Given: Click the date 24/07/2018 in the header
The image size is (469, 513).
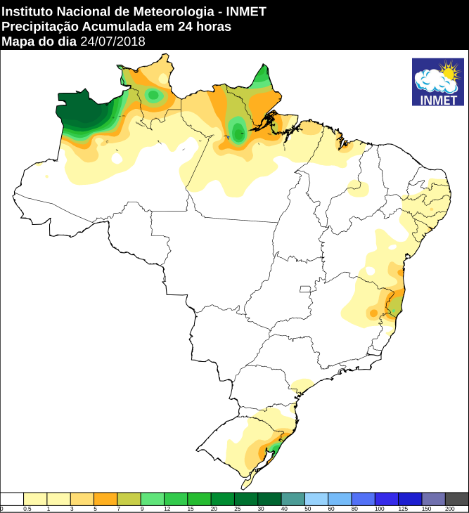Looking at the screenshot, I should [x=113, y=41].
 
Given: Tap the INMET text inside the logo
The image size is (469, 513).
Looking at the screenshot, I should [x=437, y=100].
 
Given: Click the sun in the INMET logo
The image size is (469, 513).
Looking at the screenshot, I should [x=448, y=72].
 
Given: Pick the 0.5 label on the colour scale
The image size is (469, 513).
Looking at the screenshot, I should [x=27, y=508].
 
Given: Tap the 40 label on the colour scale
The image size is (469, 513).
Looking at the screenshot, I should [x=285, y=508].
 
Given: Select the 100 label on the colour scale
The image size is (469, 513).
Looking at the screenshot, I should [x=379, y=508].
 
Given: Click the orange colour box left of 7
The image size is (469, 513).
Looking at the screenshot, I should [x=105, y=498].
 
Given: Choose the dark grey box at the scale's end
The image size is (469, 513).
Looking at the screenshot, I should [x=456, y=498].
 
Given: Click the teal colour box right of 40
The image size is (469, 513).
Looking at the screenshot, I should [x=293, y=498].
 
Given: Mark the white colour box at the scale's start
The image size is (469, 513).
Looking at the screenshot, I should [x=12, y=498].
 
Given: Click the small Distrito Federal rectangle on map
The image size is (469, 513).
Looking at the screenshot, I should [x=304, y=289].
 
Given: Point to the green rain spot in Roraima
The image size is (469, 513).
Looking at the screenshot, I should [x=153, y=95].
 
